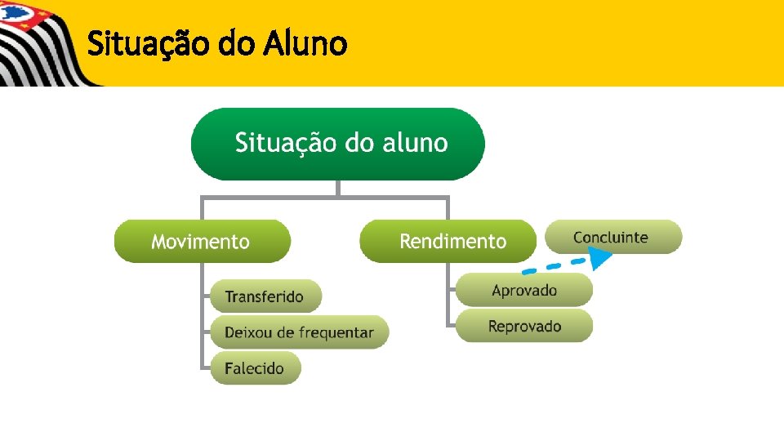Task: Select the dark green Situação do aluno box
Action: tap(337, 144)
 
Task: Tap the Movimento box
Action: tap(202, 242)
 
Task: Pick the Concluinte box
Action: tap(613, 237)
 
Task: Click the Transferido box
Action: tap(265, 296)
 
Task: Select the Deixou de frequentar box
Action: tap(299, 332)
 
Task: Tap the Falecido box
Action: tap(255, 368)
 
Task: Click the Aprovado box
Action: tap(524, 290)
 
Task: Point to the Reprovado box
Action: tap(524, 326)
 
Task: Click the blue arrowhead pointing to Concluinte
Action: tap(601, 259)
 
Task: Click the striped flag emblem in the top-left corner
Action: tap(37, 41)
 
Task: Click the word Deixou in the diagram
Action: tap(249, 332)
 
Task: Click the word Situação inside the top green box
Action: tap(285, 144)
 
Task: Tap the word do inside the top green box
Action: tap(359, 144)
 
